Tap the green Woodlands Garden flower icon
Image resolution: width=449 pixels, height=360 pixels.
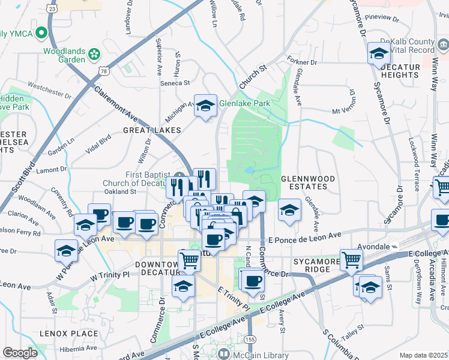click(x=94, y=55)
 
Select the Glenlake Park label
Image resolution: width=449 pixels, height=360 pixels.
click(x=244, y=103)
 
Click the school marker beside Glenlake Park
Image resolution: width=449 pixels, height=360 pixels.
click(x=205, y=106)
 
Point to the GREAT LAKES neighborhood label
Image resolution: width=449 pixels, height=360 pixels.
click(x=152, y=130)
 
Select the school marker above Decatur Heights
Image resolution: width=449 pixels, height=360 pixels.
click(x=379, y=54)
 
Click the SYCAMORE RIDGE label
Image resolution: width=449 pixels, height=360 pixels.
click(x=312, y=265)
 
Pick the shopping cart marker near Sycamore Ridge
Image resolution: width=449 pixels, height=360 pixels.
click(x=351, y=260)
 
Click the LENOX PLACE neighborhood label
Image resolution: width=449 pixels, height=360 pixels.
click(x=68, y=334)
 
